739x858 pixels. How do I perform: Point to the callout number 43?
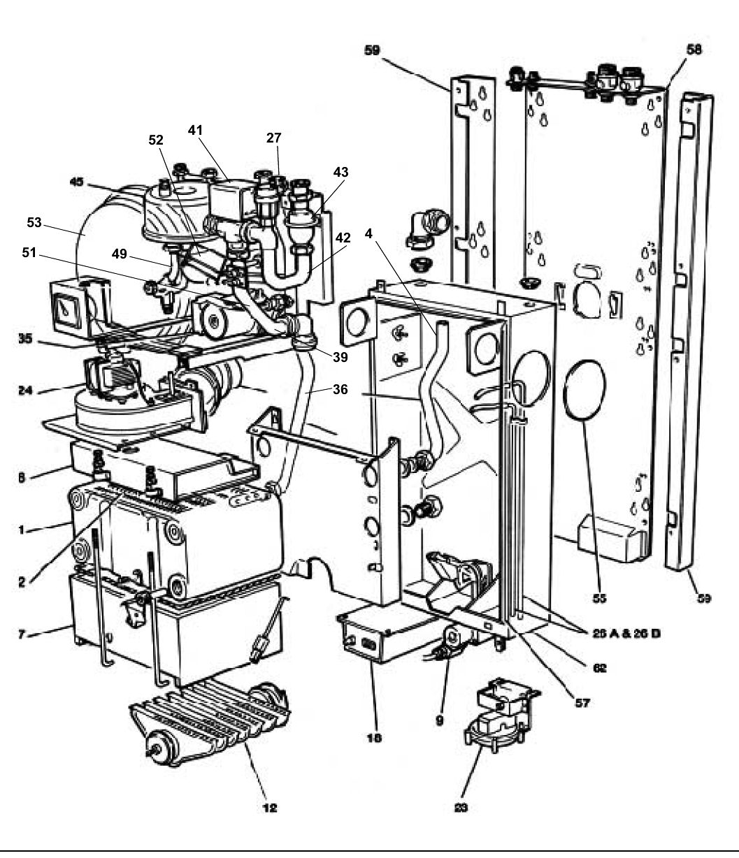(340, 171)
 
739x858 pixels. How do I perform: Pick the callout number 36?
(341, 391)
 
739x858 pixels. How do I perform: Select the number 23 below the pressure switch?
(460, 808)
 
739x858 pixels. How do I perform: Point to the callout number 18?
(374, 737)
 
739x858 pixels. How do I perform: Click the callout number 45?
(76, 182)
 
